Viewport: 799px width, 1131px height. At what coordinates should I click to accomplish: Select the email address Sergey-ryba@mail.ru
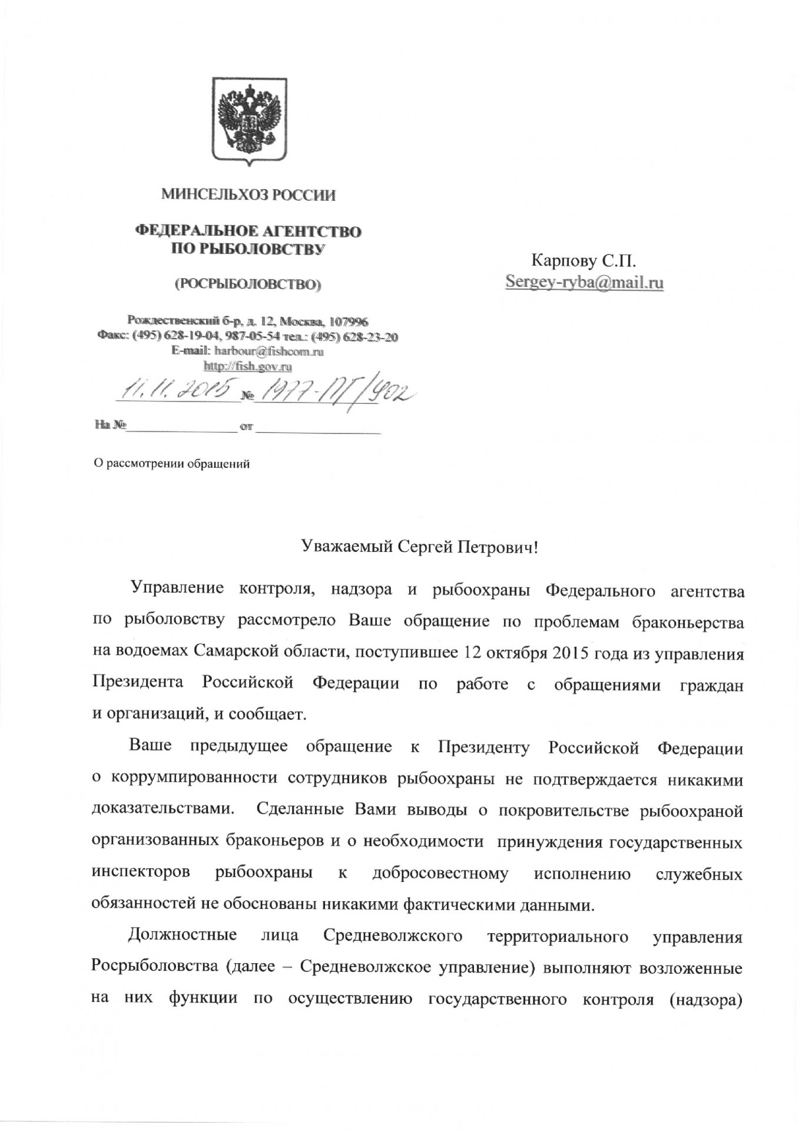[x=585, y=282]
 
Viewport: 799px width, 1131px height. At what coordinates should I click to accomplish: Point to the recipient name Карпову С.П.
[x=584, y=260]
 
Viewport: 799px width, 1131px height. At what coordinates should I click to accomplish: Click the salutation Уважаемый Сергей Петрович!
[x=420, y=548]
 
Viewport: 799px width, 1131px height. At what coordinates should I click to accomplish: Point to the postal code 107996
[x=349, y=322]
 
